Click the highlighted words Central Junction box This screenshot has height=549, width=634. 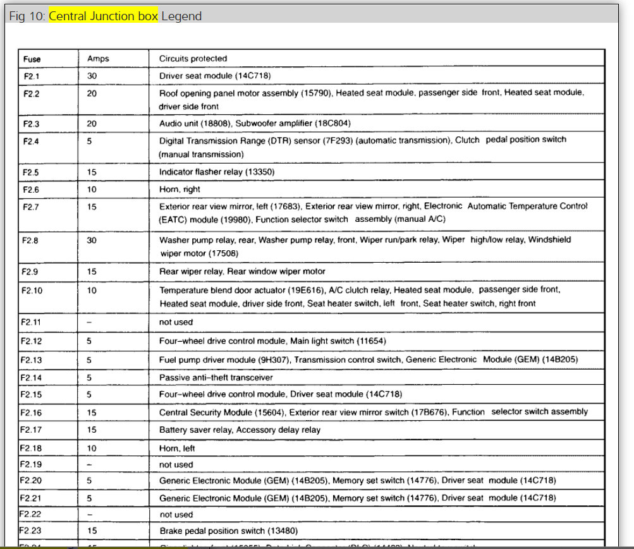[x=102, y=16]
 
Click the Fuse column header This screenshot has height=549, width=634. [x=32, y=59]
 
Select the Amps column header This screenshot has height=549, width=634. [x=98, y=59]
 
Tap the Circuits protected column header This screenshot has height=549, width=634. [x=193, y=59]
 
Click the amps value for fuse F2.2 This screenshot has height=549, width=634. [x=92, y=93]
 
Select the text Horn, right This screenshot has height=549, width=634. [x=180, y=189]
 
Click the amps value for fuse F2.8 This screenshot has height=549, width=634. [x=92, y=240]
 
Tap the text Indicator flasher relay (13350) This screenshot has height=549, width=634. [x=217, y=172]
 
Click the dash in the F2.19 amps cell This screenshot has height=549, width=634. [x=90, y=464]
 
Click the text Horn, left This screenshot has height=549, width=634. [x=177, y=448]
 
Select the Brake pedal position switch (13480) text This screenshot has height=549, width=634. [x=228, y=531]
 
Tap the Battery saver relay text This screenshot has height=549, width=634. [x=197, y=430]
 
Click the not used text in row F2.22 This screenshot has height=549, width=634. [x=176, y=514]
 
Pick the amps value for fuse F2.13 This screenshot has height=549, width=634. [x=90, y=359]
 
